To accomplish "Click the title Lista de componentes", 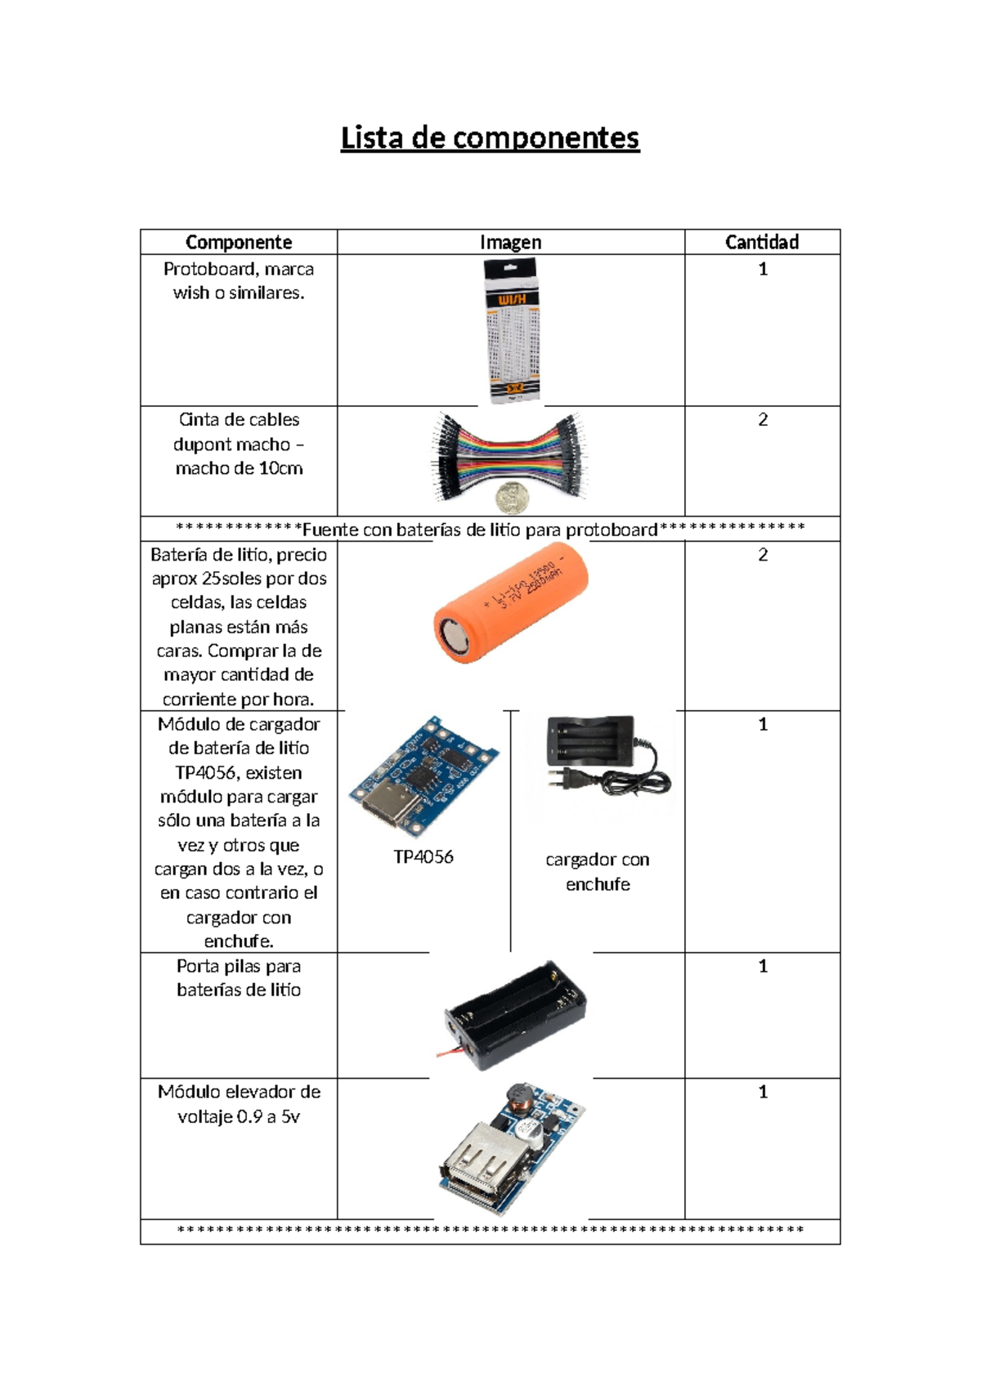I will (x=490, y=138).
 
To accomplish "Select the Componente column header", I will (x=238, y=242).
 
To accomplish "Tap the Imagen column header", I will (x=510, y=242).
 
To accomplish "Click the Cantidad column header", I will (x=762, y=242).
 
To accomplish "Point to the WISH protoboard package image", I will (x=512, y=330).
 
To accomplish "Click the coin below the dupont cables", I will (x=512, y=496).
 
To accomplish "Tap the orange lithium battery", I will (x=510, y=602).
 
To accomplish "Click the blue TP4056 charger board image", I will (x=423, y=776).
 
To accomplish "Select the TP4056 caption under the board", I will (x=423, y=857).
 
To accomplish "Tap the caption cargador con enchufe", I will (x=598, y=871).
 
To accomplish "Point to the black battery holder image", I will (x=515, y=1012).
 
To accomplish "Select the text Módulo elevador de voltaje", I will (x=239, y=1104).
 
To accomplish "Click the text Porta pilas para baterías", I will (x=239, y=977).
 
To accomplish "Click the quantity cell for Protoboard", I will (x=762, y=270).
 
